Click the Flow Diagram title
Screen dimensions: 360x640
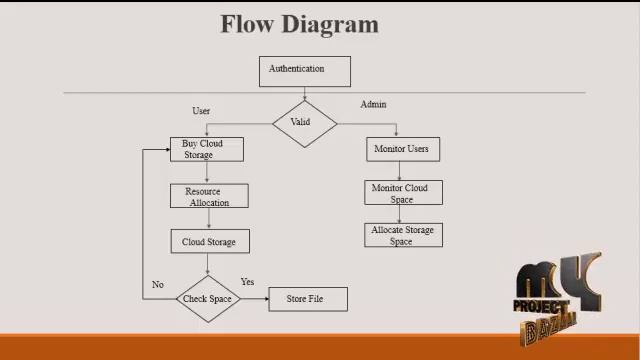click(299, 24)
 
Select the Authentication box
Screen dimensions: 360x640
click(305, 71)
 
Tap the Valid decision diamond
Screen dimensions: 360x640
click(304, 123)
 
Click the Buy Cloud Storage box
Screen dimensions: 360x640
click(206, 149)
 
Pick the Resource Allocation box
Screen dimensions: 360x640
click(208, 196)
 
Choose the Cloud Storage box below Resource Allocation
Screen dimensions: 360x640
click(208, 242)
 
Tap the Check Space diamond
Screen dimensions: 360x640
click(208, 299)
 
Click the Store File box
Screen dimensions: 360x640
click(308, 299)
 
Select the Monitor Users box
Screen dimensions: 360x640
click(401, 149)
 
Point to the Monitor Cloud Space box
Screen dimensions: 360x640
click(401, 193)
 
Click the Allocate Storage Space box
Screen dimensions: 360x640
click(403, 235)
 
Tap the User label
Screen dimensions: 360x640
click(201, 110)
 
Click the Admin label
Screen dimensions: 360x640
click(373, 104)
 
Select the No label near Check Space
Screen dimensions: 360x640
click(157, 285)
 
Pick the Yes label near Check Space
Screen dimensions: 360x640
click(248, 282)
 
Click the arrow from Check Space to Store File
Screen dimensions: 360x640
click(254, 299)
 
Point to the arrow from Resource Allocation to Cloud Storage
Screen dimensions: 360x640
click(207, 219)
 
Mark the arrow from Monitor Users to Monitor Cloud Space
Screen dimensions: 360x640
click(400, 171)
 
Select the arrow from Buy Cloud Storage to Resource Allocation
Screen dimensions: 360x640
click(207, 173)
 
